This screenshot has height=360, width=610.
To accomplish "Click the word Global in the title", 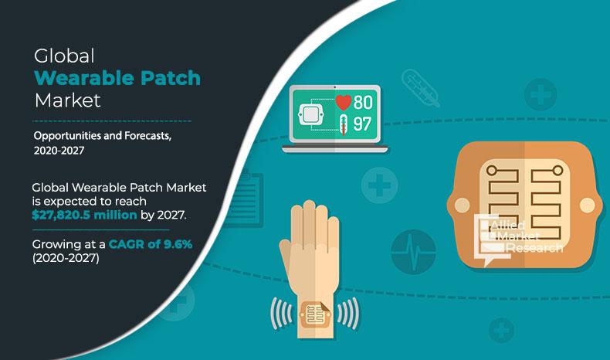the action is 64,56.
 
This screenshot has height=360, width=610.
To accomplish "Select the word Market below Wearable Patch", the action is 67,100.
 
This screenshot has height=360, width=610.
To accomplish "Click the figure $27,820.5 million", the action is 84,215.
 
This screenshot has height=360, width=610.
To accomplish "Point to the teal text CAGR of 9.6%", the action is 151,244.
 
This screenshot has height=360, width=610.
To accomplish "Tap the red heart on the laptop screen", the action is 343,102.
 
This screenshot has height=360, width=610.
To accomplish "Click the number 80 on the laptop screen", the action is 363,102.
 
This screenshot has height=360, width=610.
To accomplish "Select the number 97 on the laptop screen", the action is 362,124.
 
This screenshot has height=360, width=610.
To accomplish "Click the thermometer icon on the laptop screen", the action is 344,124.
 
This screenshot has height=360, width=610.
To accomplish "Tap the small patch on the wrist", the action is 316,314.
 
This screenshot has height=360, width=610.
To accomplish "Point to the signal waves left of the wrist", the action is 281,314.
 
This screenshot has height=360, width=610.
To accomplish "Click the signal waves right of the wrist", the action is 348,314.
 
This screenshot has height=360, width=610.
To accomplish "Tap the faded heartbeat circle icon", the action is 413,252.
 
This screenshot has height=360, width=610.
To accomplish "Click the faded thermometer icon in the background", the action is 421,88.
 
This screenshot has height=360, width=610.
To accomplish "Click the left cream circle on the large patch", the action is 463,205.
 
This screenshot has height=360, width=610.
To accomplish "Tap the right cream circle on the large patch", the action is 587,205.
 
